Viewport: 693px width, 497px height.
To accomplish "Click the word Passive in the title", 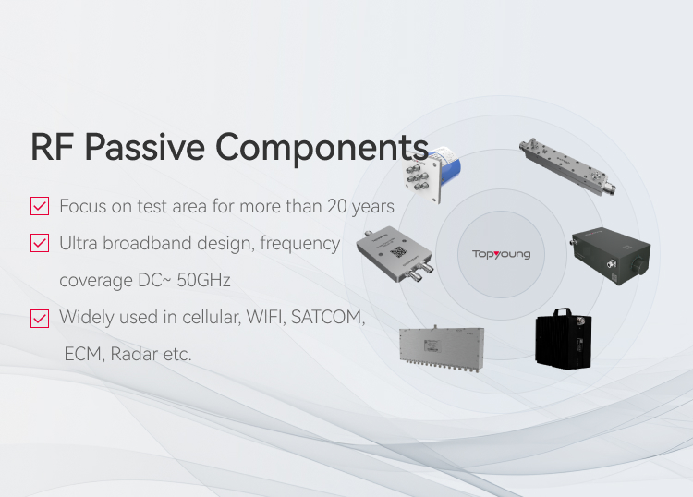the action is click(x=144, y=147).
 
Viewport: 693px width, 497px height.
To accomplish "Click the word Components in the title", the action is click(x=322, y=148).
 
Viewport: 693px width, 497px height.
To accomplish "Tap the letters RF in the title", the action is click(x=52, y=147).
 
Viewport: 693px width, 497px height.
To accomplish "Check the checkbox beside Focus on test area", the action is click(x=40, y=206).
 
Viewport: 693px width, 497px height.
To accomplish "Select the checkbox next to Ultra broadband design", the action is click(x=40, y=243).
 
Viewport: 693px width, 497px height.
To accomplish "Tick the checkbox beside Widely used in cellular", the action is click(x=40, y=319).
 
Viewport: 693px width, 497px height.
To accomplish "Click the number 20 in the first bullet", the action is click(x=336, y=206).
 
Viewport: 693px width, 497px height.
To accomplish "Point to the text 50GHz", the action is click(x=203, y=280).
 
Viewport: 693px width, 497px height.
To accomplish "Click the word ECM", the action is click(x=82, y=355).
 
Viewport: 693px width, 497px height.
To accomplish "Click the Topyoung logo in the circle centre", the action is click(x=501, y=254).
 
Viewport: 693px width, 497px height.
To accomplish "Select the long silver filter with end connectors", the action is click(x=568, y=166).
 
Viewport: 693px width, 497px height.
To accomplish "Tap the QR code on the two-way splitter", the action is click(x=398, y=252).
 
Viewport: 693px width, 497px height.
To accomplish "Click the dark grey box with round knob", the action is click(x=611, y=256).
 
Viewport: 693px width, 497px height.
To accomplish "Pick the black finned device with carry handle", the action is click(x=564, y=339).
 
